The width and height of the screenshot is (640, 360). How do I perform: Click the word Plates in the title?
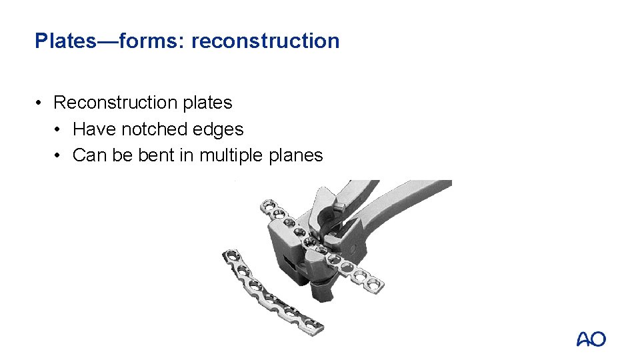click(64, 41)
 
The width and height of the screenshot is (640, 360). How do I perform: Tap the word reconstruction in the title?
click(265, 41)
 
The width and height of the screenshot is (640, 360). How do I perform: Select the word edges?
click(218, 129)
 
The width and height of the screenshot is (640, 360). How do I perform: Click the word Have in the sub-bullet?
click(93, 129)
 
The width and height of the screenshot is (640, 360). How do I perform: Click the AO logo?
click(591, 339)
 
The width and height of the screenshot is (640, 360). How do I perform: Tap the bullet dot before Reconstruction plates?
click(41, 103)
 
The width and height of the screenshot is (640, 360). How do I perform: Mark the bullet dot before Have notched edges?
click(59, 129)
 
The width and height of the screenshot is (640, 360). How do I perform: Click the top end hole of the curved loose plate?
click(231, 255)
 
